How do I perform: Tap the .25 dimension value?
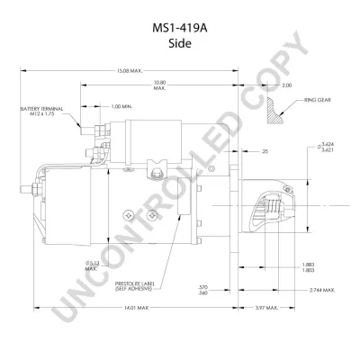tap(265, 152)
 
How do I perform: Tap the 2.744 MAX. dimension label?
tap(319, 290)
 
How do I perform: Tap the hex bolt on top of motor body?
tap(158, 168)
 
